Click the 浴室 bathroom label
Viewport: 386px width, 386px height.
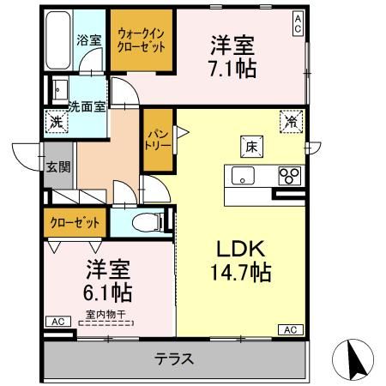88,40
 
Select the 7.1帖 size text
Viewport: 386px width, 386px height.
233,68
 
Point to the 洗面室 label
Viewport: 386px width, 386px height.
86,106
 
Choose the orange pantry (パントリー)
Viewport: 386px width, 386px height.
158,137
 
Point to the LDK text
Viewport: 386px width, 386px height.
240,250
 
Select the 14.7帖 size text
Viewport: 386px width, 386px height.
241,274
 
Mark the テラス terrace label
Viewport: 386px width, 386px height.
174,359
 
